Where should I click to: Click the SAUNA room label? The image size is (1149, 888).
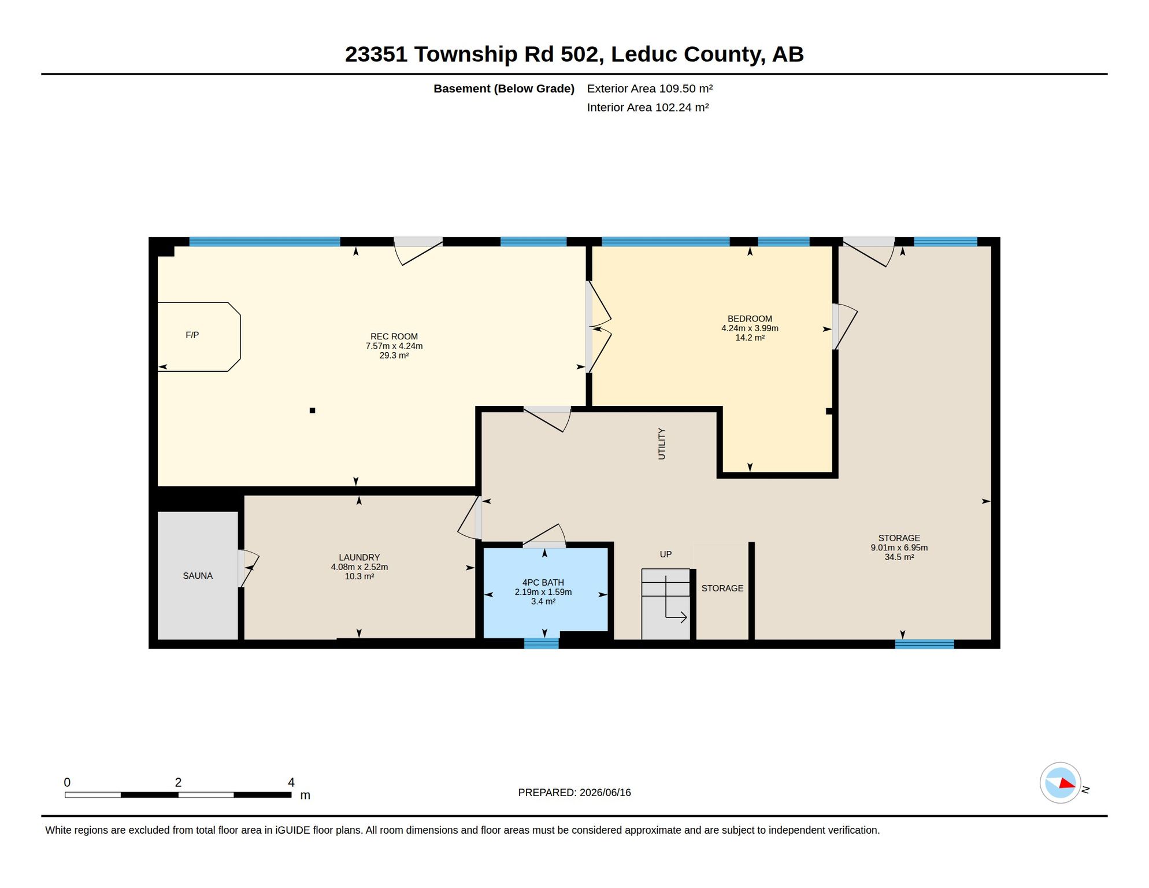198,576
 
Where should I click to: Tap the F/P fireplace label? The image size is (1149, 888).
192,335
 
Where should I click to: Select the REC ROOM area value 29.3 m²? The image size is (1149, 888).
394,356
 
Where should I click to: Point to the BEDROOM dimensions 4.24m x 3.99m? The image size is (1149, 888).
750,328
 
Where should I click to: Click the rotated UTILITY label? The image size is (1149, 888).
662,444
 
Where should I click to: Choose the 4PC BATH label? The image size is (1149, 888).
543,583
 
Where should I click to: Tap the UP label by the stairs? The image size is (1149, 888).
666,554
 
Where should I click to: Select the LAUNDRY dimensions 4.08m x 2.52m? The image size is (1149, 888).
359,567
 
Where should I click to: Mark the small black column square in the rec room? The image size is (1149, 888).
312,410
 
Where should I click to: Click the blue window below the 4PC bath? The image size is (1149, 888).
542,643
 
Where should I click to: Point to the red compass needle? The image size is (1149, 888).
1067,783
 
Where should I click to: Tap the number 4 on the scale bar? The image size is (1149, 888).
291,782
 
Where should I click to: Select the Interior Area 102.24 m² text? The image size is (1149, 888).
648,108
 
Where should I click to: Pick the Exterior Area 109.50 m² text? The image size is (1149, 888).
650,88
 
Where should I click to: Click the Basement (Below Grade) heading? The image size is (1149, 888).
504,88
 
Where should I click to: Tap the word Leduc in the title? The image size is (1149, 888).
644,54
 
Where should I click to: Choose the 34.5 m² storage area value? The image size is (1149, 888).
899,557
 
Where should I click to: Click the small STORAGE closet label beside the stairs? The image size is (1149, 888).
722,589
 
